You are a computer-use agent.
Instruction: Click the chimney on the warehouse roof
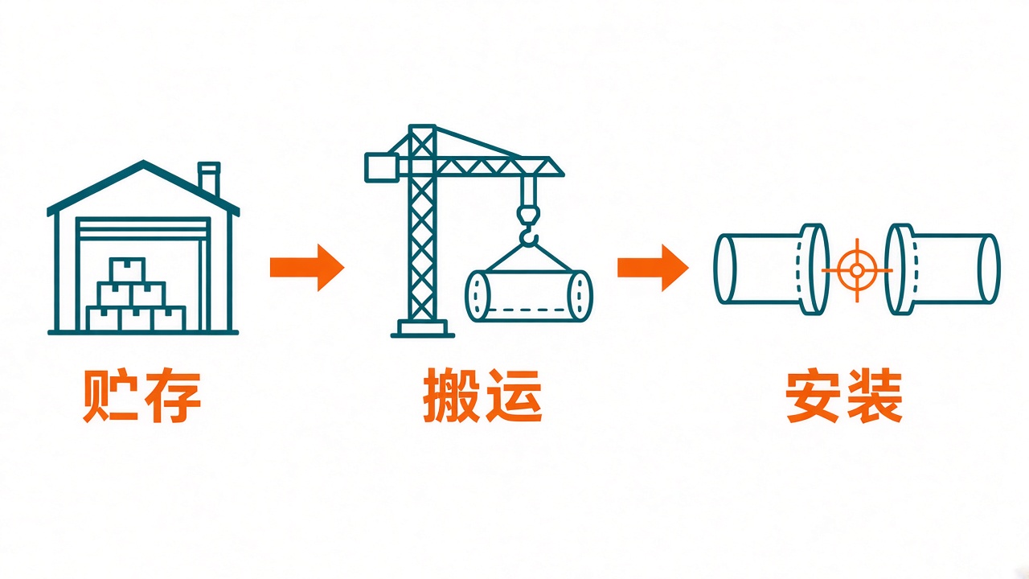coord(208,179)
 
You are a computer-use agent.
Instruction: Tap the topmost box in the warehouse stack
coord(127,269)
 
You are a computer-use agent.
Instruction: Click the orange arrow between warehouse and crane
coord(307,268)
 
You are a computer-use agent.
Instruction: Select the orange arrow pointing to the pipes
coord(653,268)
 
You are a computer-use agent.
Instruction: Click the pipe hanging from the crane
coord(529,296)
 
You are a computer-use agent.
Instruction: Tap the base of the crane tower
coord(423,329)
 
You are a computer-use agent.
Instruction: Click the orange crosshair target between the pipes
coord(857,270)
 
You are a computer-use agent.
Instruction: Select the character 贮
coord(110,395)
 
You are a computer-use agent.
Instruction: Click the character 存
coord(173,395)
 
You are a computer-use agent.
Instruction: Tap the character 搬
coord(451,395)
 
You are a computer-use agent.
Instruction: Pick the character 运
coord(514,395)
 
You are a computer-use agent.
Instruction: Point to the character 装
coord(875,395)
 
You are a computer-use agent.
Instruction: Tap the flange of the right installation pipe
coord(899,269)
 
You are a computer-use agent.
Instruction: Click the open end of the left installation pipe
coord(725,269)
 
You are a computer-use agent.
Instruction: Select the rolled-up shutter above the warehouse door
coord(143,228)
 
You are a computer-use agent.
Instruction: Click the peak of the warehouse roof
coord(143,162)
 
